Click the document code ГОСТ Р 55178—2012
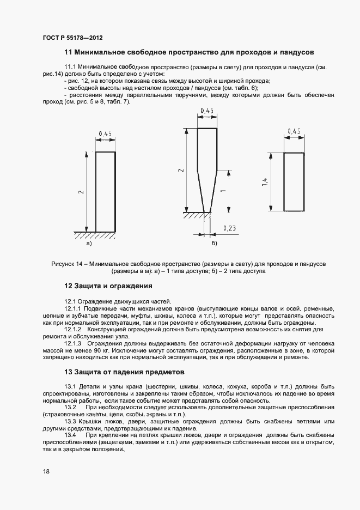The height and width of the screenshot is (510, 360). point(72,38)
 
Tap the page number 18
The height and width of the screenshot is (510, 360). point(46,472)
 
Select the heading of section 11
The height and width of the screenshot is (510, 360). point(189,53)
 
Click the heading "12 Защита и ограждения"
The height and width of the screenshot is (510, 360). point(108,286)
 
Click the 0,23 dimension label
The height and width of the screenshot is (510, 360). point(229,229)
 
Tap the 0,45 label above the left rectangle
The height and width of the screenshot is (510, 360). point(105,134)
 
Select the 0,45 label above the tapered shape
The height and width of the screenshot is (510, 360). point(206,111)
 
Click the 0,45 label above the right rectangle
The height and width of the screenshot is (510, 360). point(294,131)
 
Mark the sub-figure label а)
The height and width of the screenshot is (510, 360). point(88,244)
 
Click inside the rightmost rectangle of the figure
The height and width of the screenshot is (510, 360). point(294,181)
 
